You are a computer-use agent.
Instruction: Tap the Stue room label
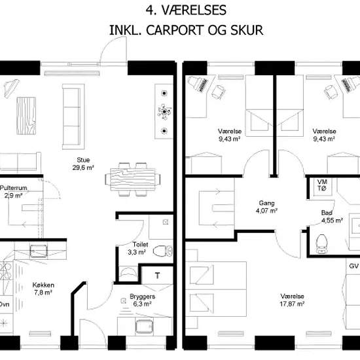pos(83,160)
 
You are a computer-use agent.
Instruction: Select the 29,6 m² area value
pos(83,168)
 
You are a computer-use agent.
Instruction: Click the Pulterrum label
pos(14,188)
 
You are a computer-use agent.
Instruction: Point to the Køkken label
pos(43,285)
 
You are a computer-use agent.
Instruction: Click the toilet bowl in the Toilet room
pos(162,251)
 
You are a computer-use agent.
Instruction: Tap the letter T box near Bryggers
pos(157,276)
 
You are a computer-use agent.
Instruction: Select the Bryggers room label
pos(142,297)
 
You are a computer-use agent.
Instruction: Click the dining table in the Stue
pos(133,179)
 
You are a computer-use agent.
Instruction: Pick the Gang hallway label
pos(266,203)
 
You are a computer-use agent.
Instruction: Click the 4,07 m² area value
pos(266,211)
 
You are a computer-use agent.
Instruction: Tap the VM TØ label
pos(322,185)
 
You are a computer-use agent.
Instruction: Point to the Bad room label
pos(327,213)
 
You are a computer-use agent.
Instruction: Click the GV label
pos(353,266)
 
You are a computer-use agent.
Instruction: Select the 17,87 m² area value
pos(292,304)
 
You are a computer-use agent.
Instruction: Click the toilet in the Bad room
pos(321,244)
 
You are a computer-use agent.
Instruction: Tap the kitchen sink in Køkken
pos(39,251)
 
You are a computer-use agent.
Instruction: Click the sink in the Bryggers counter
pos(144,327)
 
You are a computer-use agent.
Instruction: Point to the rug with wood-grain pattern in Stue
pos(26,116)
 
